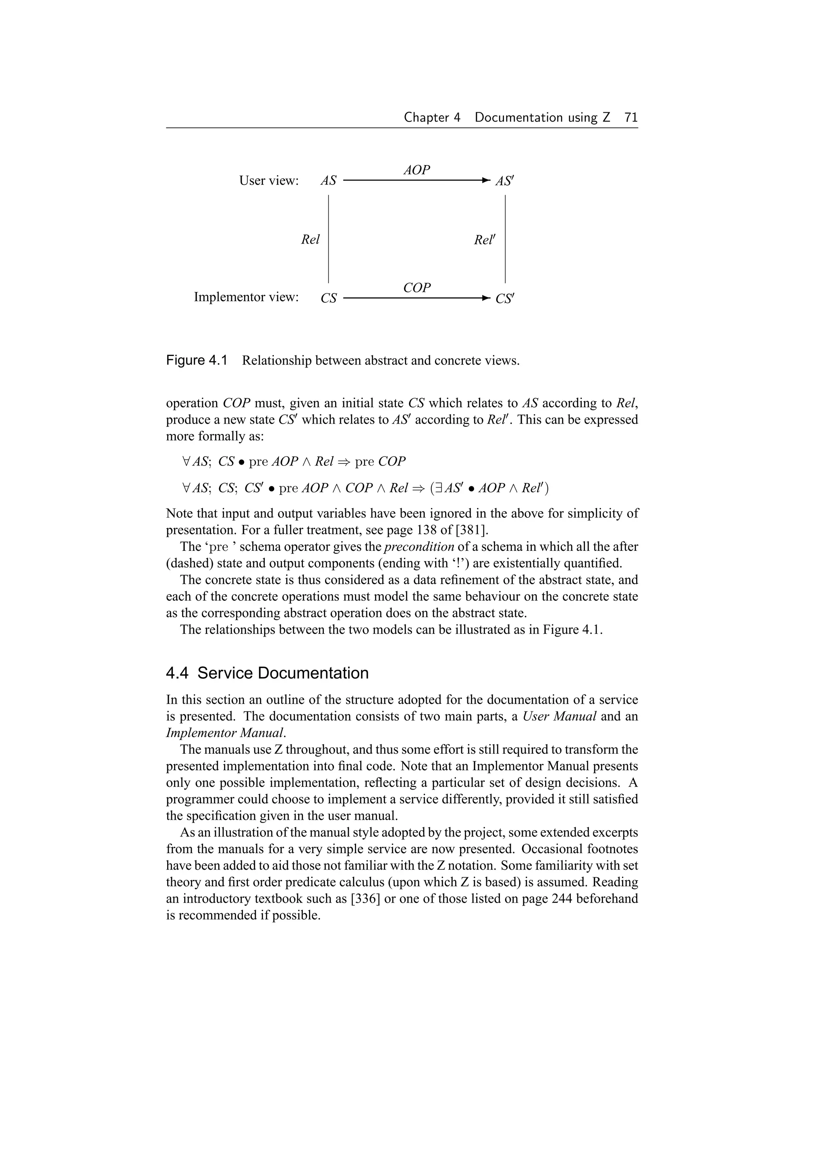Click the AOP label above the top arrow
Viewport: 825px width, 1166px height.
pyautogui.click(x=417, y=170)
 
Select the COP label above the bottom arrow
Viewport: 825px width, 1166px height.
pyautogui.click(x=417, y=288)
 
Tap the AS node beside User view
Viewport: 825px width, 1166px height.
pyautogui.click(x=328, y=181)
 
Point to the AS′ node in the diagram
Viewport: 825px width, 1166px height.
pyautogui.click(x=504, y=181)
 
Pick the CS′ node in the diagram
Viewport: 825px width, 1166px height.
pyautogui.click(x=504, y=299)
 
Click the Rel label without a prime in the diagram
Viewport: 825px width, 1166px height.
pyautogui.click(x=310, y=240)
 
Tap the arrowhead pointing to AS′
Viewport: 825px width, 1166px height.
pyautogui.click(x=486, y=180)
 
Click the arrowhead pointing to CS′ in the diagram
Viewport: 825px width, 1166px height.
pyautogui.click(x=486, y=298)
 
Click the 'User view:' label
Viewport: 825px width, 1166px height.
pyautogui.click(x=269, y=181)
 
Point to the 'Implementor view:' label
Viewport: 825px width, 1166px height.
pyautogui.click(x=246, y=297)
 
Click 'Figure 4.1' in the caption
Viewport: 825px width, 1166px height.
pyautogui.click(x=196, y=361)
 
